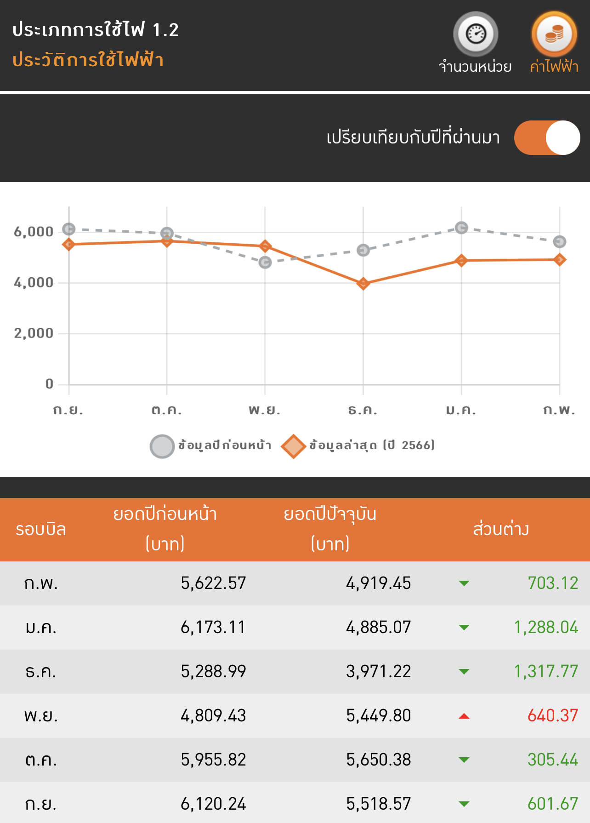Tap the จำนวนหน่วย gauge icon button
point(476,34)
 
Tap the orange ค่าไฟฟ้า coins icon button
point(554,34)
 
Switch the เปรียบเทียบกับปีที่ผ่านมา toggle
point(547,137)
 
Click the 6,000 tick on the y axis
point(34,232)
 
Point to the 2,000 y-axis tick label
point(34,333)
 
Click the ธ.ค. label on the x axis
point(363,409)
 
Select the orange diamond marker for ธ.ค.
point(363,283)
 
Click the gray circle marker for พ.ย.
point(265,262)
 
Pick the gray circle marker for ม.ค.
point(461,228)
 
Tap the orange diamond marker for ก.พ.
point(560,260)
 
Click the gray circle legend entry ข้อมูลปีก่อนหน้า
point(211,446)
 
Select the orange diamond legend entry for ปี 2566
point(358,446)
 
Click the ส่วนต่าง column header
point(501,529)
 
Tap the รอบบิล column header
point(41,529)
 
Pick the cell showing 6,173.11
point(213,627)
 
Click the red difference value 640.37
point(553,715)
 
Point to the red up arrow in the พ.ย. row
point(464,716)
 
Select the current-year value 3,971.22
point(379,671)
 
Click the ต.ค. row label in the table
point(41,760)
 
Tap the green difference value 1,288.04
point(546,627)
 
